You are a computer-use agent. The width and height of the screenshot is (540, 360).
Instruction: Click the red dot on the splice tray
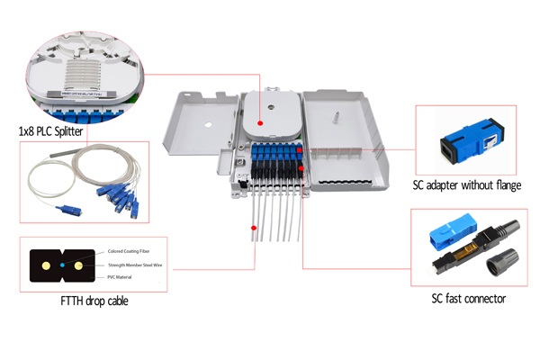click(x=259, y=121)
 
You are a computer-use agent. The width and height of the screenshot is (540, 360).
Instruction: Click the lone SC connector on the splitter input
click(x=64, y=210)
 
